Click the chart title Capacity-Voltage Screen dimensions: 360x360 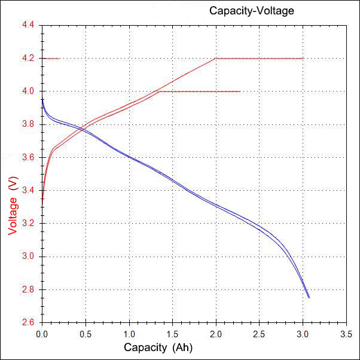251,11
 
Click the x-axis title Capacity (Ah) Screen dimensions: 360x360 158,347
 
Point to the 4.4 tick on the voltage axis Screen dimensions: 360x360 28,26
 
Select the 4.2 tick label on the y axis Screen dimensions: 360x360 28,59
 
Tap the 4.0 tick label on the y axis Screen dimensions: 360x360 28,91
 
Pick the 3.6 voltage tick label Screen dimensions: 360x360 28,158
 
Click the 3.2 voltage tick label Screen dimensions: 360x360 28,224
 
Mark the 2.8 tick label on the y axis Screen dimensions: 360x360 28,289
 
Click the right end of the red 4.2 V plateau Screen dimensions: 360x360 303,59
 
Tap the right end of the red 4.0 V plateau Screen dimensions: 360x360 240,91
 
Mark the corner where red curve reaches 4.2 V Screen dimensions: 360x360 215,59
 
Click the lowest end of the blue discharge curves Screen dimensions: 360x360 309,297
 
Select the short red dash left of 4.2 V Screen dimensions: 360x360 51,59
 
